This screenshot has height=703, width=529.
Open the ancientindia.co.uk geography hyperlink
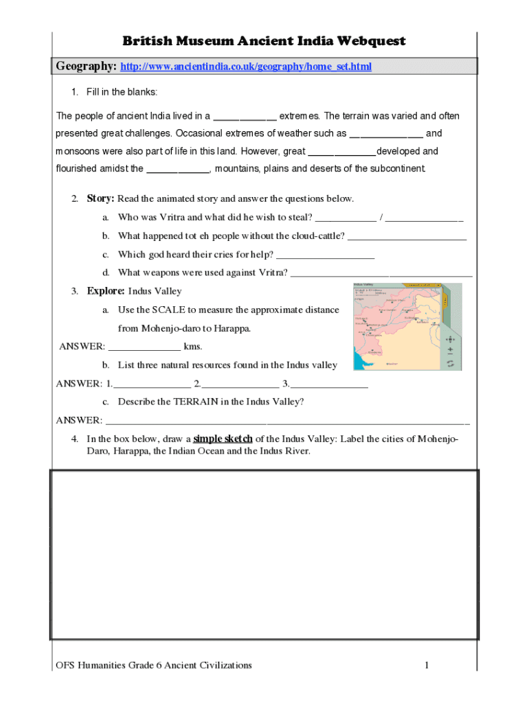[246, 67]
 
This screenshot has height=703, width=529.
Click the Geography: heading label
[86, 66]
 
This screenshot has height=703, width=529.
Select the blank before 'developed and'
[341, 152]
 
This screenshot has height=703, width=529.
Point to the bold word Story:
[100, 199]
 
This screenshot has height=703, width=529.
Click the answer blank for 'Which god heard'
[325, 255]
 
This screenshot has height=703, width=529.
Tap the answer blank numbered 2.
[240, 384]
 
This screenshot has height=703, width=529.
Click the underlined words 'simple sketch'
[223, 439]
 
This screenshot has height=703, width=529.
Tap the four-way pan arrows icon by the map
[451, 339]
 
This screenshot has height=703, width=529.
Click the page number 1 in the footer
[427, 665]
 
